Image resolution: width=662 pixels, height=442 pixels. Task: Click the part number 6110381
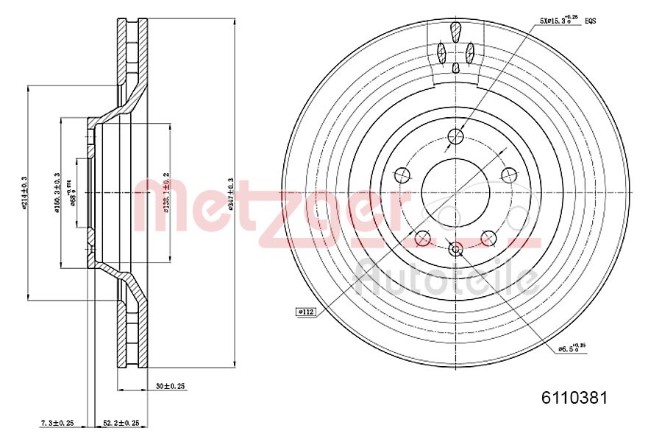point(574,399)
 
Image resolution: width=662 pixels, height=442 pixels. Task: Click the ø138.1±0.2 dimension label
point(166,193)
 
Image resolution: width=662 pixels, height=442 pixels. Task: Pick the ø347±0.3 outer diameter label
point(230,193)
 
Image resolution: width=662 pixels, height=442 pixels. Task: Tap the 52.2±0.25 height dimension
point(121,423)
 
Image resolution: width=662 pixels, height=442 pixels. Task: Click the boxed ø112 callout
point(305,312)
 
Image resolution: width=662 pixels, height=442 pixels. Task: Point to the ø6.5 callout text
point(571,348)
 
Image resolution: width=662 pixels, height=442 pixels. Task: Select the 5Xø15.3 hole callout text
point(558,21)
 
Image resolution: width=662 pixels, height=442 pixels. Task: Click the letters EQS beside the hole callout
point(590,21)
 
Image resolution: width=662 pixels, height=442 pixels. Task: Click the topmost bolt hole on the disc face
point(456,136)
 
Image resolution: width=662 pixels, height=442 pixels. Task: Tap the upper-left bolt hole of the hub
point(402,175)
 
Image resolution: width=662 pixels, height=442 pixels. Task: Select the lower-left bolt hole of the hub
point(422,238)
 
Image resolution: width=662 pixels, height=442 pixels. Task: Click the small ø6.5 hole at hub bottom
point(455,249)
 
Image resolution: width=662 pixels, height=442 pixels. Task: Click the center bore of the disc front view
point(455,192)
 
